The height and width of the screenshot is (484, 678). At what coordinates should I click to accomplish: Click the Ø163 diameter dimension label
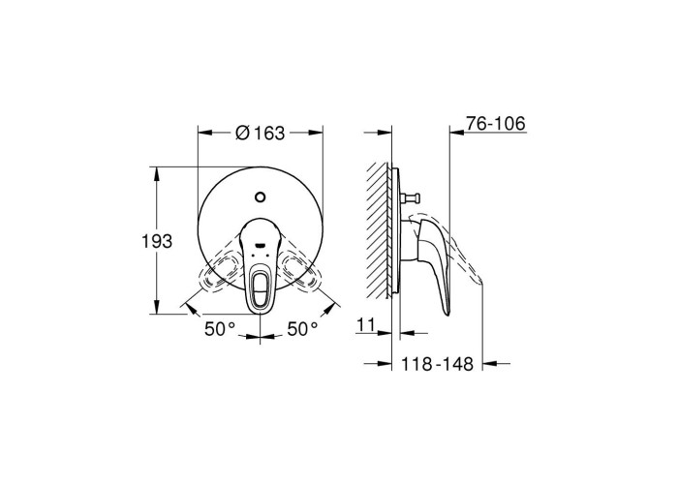tap(260, 133)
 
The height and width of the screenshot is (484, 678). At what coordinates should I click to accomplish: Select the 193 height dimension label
tap(157, 241)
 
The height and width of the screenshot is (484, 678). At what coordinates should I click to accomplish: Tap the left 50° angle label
tap(220, 330)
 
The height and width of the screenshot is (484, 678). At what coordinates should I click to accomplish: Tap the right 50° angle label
tap(302, 330)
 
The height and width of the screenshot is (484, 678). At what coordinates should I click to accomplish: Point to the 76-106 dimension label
tap(496, 124)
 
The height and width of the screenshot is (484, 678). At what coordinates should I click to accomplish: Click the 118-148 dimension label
tap(438, 364)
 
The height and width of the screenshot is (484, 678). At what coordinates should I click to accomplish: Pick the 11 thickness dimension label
tap(366, 325)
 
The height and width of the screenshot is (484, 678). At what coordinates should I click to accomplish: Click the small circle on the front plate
tap(260, 197)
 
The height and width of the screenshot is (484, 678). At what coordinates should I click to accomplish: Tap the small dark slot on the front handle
tap(260, 246)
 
